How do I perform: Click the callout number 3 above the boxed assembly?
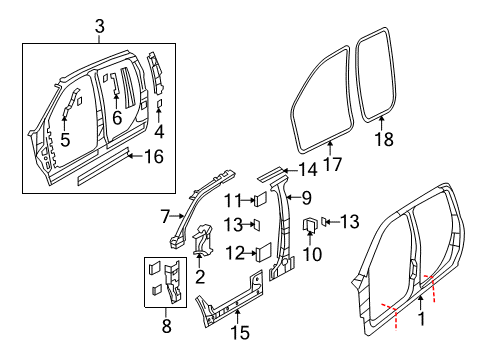(97, 24)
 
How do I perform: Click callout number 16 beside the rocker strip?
(155, 156)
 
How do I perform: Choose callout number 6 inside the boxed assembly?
(117, 117)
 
